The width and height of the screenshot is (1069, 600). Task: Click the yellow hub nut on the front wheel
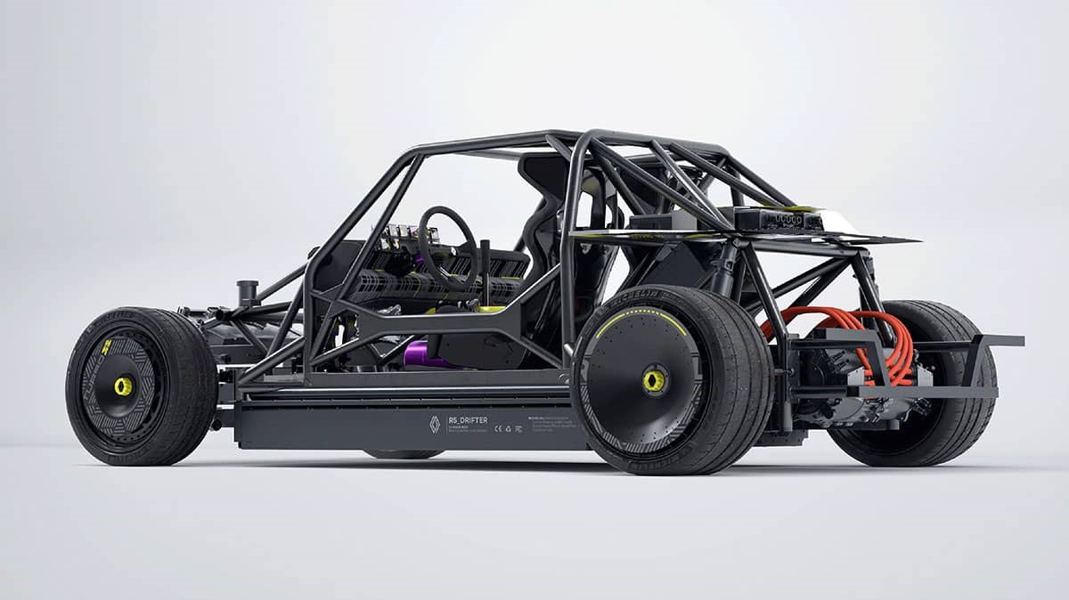[x=123, y=386]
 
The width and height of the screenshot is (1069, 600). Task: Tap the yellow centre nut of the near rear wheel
[x=653, y=380]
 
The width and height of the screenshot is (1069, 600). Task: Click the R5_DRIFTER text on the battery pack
[x=463, y=421]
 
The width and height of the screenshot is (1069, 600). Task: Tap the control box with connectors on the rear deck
[x=779, y=219]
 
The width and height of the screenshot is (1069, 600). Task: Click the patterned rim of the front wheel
[x=98, y=392]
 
